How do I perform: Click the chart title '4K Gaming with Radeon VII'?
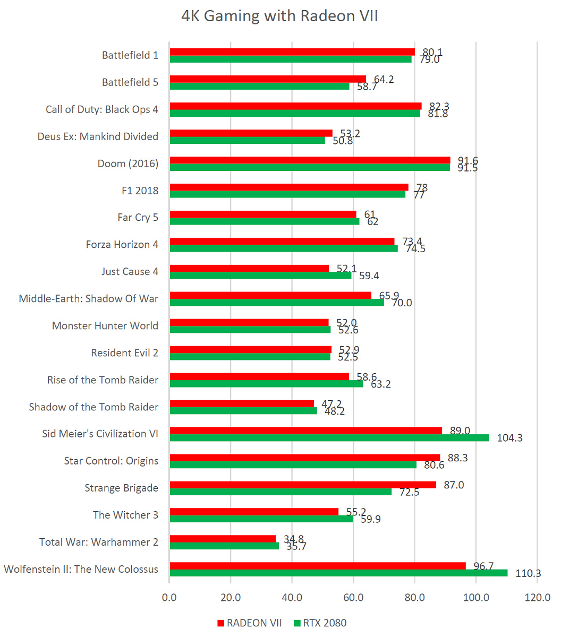[280, 16]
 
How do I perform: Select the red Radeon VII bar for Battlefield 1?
[292, 51]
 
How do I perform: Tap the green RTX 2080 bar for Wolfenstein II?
[338, 573]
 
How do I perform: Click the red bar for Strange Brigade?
[303, 485]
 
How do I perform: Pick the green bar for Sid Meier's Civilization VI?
[329, 437]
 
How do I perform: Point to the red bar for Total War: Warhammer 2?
[223, 539]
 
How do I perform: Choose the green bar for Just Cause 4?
[260, 275]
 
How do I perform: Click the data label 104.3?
[509, 438]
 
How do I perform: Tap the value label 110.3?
[528, 573]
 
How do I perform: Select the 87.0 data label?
[453, 485]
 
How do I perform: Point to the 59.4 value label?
[369, 276]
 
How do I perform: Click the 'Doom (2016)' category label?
[128, 163]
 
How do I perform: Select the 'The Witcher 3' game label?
[125, 515]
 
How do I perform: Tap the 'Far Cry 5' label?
[138, 218]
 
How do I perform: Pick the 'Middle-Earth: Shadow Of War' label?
[88, 298]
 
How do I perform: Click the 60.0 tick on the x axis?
[353, 598]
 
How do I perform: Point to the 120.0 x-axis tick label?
[537, 598]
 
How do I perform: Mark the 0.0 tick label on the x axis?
[169, 598]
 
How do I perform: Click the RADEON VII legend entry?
[250, 623]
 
